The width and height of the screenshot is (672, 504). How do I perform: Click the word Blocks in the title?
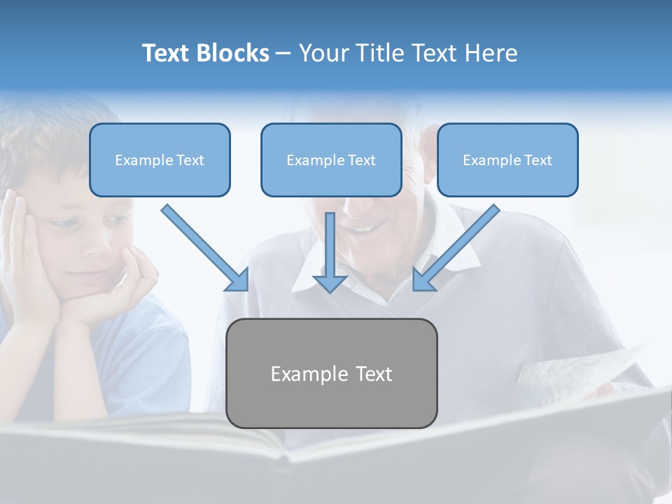point(234,53)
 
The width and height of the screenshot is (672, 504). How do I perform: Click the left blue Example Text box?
point(160,160)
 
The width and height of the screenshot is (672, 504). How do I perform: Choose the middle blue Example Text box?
point(331,160)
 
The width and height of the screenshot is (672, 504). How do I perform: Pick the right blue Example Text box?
point(507,160)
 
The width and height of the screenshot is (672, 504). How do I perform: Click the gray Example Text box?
point(332,373)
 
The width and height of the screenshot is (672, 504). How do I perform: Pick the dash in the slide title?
point(283,54)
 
